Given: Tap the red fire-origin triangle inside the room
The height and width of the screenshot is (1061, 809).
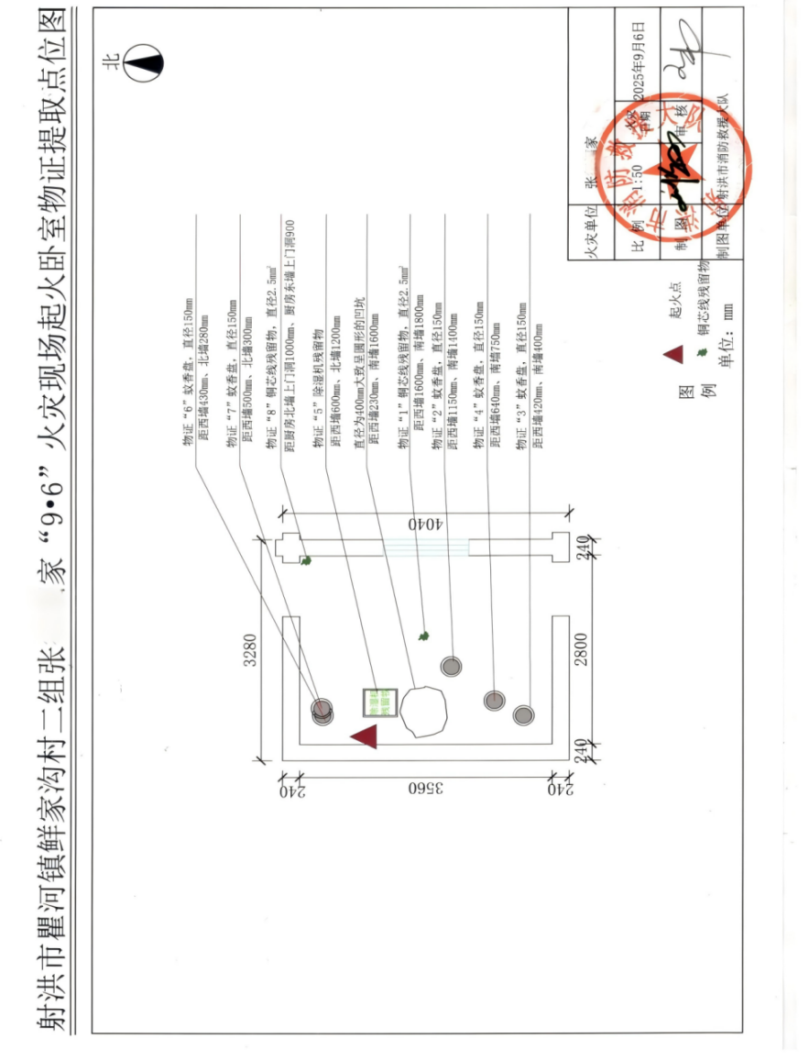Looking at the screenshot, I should tap(365, 735).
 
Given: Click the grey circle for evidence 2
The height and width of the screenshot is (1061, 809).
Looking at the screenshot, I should tap(451, 666).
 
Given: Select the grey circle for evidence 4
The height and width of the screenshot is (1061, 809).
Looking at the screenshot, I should tap(494, 701).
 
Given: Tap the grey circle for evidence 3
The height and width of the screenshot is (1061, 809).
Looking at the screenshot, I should tap(523, 714).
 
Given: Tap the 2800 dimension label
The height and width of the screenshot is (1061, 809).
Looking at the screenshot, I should tap(580, 649).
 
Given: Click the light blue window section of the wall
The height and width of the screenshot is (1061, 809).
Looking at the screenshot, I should tap(426, 547).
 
